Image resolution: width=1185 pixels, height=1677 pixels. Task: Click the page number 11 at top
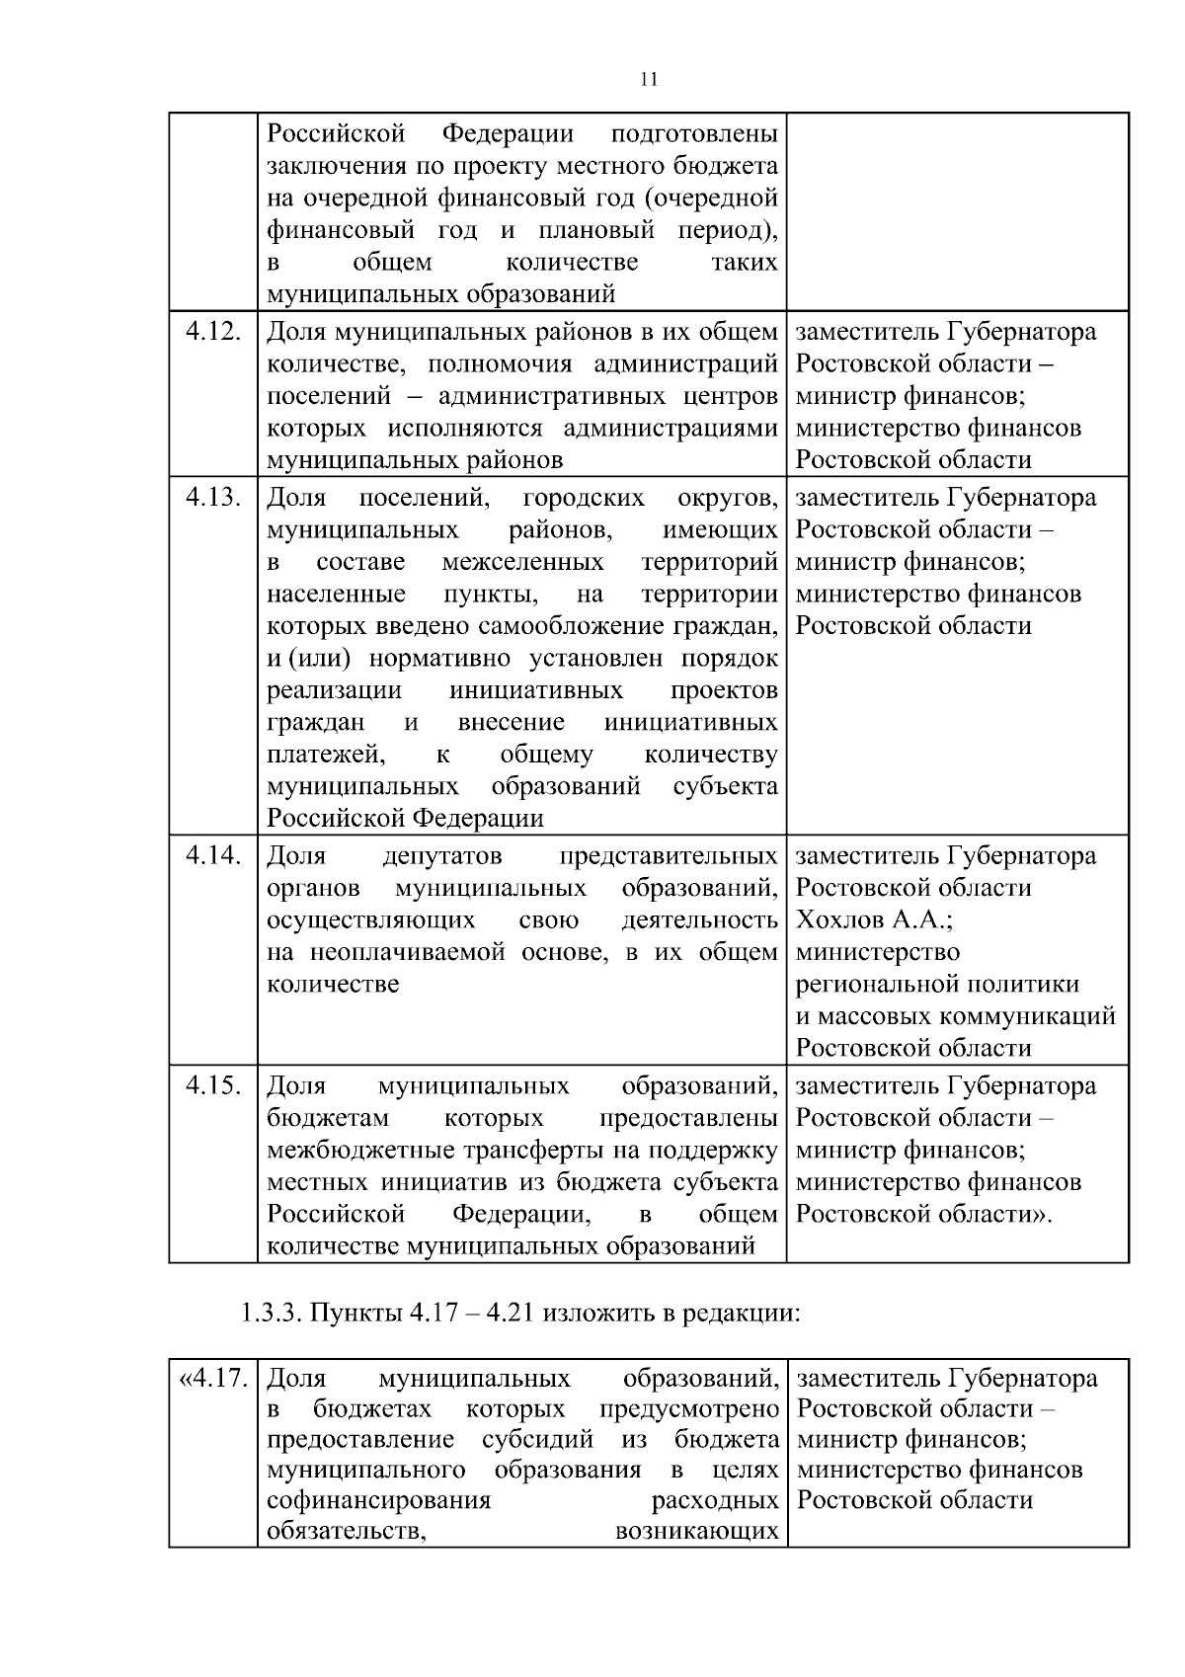tap(648, 80)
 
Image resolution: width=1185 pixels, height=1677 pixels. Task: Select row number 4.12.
tap(213, 332)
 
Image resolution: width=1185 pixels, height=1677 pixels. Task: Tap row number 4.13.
tap(213, 498)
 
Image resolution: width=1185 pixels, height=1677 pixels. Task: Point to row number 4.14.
tap(213, 856)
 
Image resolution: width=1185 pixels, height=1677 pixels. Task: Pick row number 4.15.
tap(213, 1086)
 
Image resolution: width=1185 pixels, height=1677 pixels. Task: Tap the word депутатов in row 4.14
tap(441, 856)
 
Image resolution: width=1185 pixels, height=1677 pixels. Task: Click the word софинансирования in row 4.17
tap(379, 1501)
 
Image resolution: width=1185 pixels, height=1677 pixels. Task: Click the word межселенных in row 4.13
tap(522, 563)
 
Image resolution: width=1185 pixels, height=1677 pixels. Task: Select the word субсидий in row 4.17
tap(538, 1439)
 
